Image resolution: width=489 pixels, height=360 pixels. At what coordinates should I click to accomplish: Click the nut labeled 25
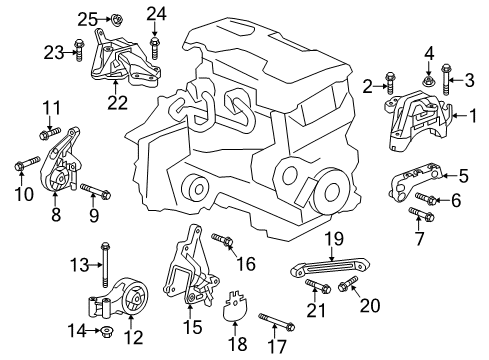pyautogui.click(x=116, y=17)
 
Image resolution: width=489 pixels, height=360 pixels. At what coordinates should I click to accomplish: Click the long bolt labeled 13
pyautogui.click(x=104, y=264)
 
